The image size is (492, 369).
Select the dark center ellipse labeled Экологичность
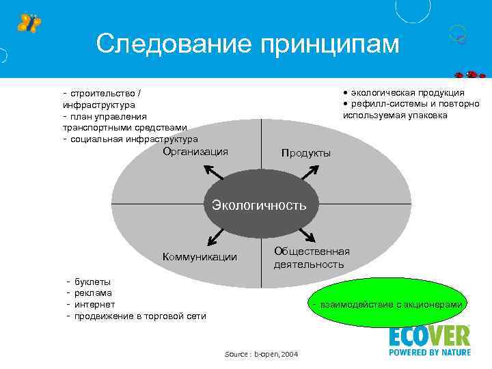(x=259, y=205)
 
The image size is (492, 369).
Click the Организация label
(x=195, y=152)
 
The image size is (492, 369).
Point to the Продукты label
(x=305, y=153)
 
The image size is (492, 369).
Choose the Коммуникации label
(x=200, y=257)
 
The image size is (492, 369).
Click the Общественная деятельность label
(x=312, y=258)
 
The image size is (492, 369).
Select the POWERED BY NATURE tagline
(x=430, y=353)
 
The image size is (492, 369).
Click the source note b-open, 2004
(x=261, y=353)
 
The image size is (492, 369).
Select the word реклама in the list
(x=93, y=292)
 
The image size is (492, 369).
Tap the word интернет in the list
(x=95, y=304)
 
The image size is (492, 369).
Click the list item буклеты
(x=93, y=282)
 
